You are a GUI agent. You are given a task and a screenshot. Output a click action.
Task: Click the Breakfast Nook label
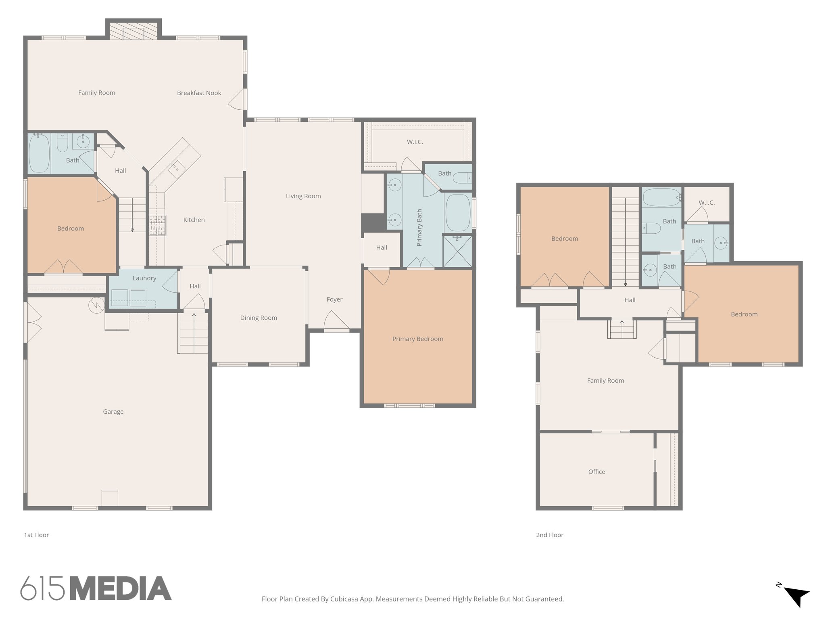(199, 93)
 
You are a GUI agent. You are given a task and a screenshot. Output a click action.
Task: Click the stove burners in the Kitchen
(158, 225)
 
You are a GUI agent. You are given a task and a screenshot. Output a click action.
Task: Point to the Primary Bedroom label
(417, 339)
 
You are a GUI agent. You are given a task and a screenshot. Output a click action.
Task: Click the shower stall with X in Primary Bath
(457, 251)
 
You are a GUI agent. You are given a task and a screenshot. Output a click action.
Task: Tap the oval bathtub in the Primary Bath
(458, 213)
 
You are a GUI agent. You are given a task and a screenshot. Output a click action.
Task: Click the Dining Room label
(259, 318)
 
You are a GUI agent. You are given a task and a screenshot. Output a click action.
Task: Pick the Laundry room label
(144, 278)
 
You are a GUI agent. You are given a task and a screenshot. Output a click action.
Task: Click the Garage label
(113, 412)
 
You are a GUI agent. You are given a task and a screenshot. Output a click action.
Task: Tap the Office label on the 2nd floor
(597, 471)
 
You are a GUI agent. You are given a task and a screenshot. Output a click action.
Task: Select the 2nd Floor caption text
(549, 535)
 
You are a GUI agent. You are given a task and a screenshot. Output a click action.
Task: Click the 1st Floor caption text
(36, 535)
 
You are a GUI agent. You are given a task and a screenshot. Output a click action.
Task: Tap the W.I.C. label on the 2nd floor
(707, 203)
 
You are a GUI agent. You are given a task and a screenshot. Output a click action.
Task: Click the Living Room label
(303, 196)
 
